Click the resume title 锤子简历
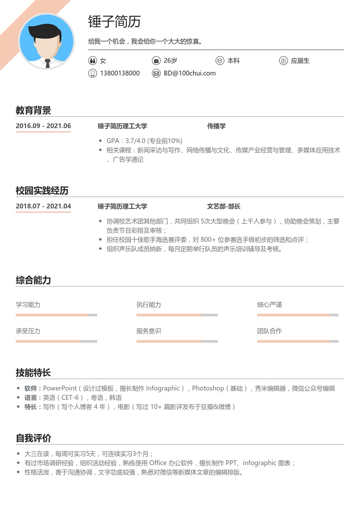(x=114, y=22)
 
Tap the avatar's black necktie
(x=47, y=63)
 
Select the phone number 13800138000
(x=120, y=73)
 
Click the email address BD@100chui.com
(x=190, y=73)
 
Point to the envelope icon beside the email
(x=156, y=73)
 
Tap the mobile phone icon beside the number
(x=92, y=73)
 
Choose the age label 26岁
(x=170, y=61)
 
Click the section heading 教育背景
(x=33, y=110)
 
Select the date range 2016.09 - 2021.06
(x=43, y=126)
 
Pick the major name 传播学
(x=216, y=126)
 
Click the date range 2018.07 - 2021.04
(x=43, y=206)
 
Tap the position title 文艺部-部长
(x=224, y=206)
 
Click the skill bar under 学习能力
(x=56, y=315)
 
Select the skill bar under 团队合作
(x=298, y=341)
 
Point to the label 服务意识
(x=149, y=331)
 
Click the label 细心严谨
(x=270, y=305)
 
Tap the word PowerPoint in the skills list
(x=60, y=388)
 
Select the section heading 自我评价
(x=33, y=438)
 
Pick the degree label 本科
(x=234, y=61)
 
